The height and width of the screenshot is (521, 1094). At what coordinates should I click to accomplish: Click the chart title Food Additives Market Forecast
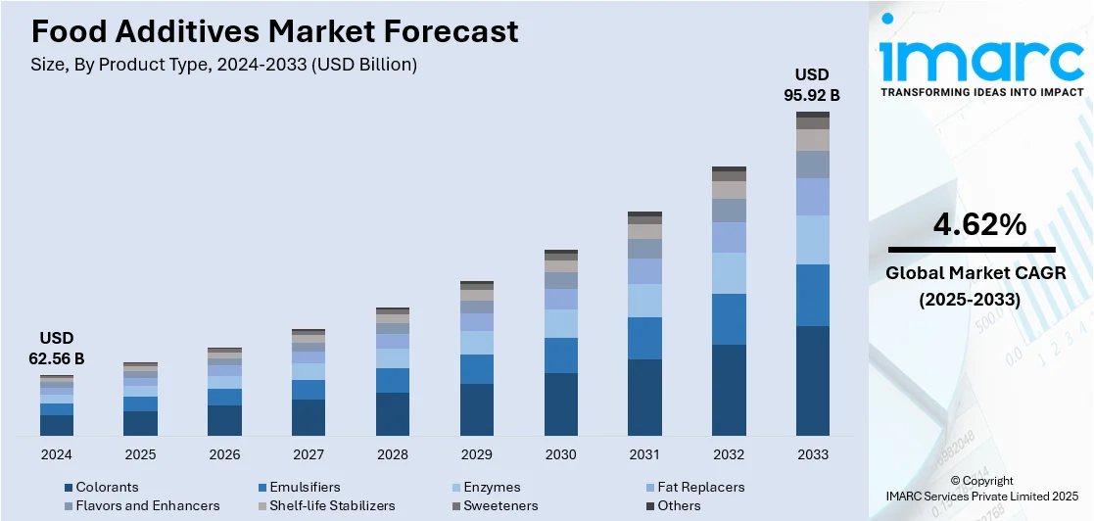pyautogui.click(x=274, y=31)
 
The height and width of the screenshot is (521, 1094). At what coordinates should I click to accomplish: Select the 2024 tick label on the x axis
pyautogui.click(x=57, y=454)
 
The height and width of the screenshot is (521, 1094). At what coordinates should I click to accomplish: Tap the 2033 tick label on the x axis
pyautogui.click(x=812, y=454)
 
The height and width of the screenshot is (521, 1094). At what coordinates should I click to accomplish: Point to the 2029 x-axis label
pyautogui.click(x=476, y=454)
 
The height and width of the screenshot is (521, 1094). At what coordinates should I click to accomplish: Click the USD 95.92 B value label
pyautogui.click(x=812, y=85)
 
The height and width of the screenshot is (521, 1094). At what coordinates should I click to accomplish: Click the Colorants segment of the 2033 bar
pyautogui.click(x=812, y=381)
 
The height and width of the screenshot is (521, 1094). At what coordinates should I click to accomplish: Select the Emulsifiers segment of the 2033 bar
pyautogui.click(x=812, y=295)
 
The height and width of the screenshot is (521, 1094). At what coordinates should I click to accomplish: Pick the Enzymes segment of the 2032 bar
pyautogui.click(x=729, y=273)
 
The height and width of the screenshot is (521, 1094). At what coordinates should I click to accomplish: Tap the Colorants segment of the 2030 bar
pyautogui.click(x=560, y=404)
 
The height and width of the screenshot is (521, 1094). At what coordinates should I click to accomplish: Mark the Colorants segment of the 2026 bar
pyautogui.click(x=224, y=420)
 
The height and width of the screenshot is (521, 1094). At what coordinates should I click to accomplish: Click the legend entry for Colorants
pyautogui.click(x=107, y=487)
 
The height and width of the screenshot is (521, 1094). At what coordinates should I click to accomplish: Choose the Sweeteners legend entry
pyautogui.click(x=500, y=505)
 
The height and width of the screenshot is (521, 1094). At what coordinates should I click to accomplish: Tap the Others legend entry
pyautogui.click(x=679, y=505)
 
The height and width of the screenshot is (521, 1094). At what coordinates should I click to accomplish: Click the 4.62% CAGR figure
pyautogui.click(x=979, y=225)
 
